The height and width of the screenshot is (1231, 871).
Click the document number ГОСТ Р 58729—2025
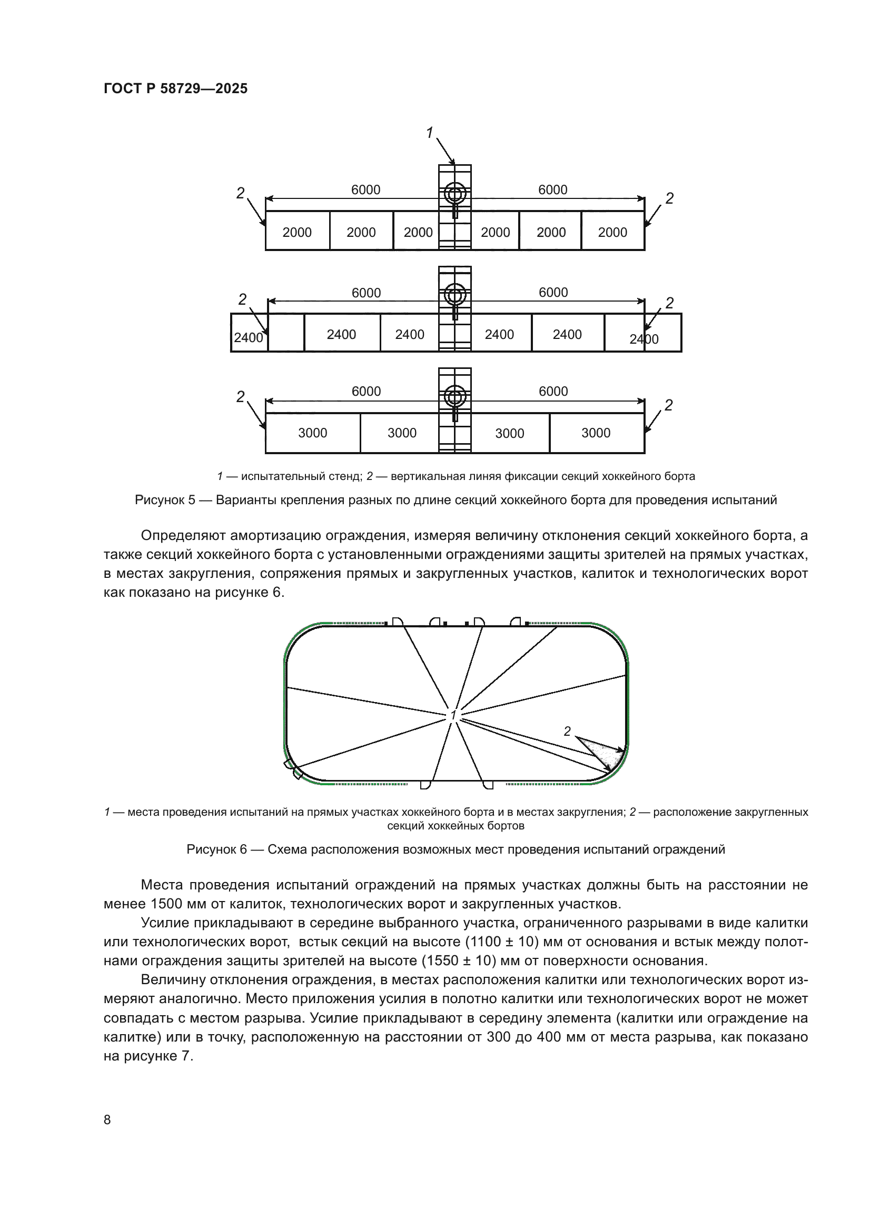(x=175, y=88)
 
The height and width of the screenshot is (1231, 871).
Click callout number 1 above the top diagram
(x=429, y=133)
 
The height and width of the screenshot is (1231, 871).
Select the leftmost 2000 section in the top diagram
(x=296, y=232)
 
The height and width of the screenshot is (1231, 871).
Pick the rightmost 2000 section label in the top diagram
(x=612, y=232)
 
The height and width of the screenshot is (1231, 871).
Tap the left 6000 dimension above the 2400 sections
(x=366, y=293)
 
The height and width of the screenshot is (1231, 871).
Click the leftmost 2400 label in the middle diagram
(x=249, y=338)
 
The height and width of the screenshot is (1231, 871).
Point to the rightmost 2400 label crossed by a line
(x=644, y=339)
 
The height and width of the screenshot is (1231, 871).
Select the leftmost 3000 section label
(x=312, y=433)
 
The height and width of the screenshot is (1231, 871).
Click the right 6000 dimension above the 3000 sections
(x=553, y=391)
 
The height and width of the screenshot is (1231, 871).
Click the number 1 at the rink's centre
(x=453, y=715)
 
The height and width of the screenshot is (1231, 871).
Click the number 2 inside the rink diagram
(x=567, y=731)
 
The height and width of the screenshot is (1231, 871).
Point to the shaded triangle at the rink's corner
(x=609, y=753)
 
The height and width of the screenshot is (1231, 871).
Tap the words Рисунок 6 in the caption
(x=216, y=849)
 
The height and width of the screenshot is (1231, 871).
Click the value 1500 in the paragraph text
(x=168, y=904)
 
